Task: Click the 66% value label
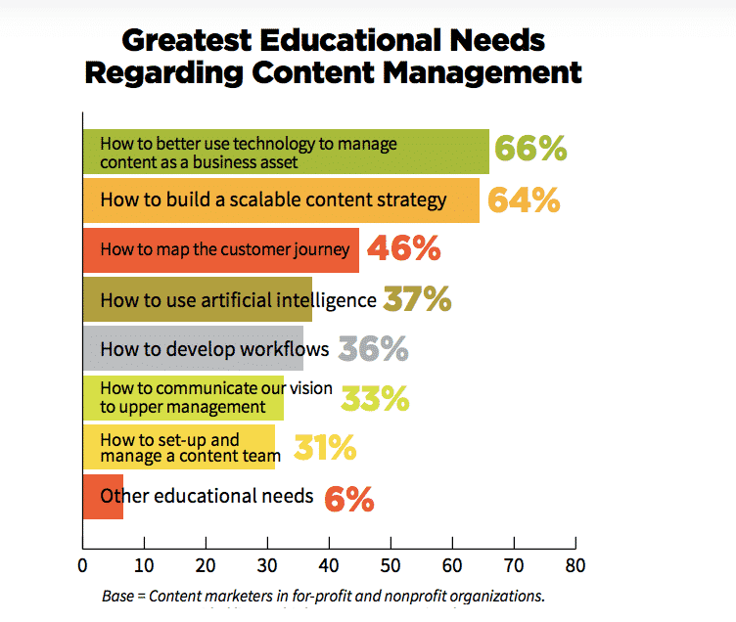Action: click(530, 149)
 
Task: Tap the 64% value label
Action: click(524, 200)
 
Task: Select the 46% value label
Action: click(404, 249)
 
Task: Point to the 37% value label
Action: click(417, 299)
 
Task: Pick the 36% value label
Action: click(373, 349)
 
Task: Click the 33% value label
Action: click(375, 399)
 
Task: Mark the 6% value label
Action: click(349, 498)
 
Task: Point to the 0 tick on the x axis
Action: click(83, 564)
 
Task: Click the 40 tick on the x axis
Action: click(330, 564)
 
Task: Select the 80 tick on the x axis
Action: click(576, 564)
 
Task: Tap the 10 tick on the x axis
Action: click(145, 564)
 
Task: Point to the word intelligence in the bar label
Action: click(329, 299)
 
